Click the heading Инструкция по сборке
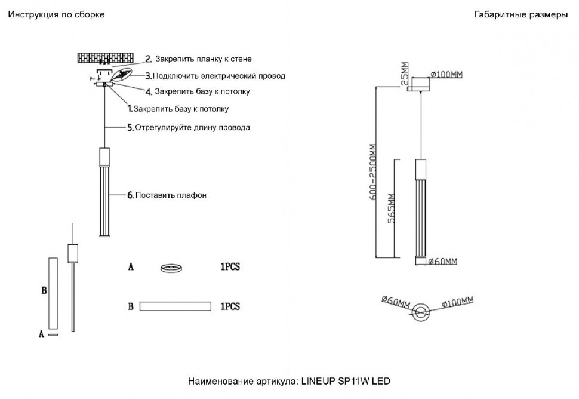tap(56, 14)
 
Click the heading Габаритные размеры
tap(521, 14)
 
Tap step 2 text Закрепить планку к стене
tap(203, 59)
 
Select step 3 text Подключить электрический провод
tap(218, 76)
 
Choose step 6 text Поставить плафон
tap(171, 195)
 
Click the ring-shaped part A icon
tap(173, 268)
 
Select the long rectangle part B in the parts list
tap(175, 306)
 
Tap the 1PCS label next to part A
tap(230, 268)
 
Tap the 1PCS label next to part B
tap(230, 306)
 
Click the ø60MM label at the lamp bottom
tap(443, 261)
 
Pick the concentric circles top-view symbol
tap(421, 311)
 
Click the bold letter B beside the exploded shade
tap(44, 291)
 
